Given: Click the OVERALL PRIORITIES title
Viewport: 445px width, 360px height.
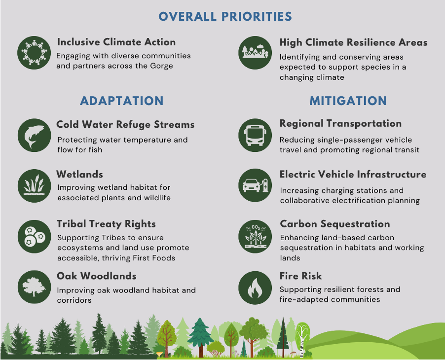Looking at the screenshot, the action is (x=225, y=16).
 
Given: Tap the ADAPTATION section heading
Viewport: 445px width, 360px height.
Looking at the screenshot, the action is (x=122, y=101).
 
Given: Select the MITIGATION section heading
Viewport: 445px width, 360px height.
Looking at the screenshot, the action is (x=348, y=101).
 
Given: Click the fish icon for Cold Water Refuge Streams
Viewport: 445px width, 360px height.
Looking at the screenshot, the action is (x=35, y=135).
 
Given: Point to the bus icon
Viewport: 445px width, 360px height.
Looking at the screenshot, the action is (x=255, y=135).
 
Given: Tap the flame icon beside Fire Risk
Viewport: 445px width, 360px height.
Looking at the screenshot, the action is (x=255, y=288).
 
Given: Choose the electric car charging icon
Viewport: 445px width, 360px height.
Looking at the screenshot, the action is (x=255, y=185).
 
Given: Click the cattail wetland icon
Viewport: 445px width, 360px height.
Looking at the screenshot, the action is (x=35, y=186).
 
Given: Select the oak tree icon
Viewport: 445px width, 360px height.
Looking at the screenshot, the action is (x=35, y=287).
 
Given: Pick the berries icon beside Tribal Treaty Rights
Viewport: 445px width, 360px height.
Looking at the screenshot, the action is (x=35, y=236).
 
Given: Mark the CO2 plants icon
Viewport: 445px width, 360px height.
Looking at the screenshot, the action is (x=255, y=236).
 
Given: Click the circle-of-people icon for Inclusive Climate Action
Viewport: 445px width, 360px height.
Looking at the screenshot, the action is (x=34, y=52).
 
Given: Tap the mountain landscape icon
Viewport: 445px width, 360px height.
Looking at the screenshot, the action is (x=255, y=52).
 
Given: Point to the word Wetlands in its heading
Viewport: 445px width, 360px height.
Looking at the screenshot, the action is (x=80, y=174).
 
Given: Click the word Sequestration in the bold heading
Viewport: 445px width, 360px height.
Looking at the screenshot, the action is (x=355, y=224).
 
